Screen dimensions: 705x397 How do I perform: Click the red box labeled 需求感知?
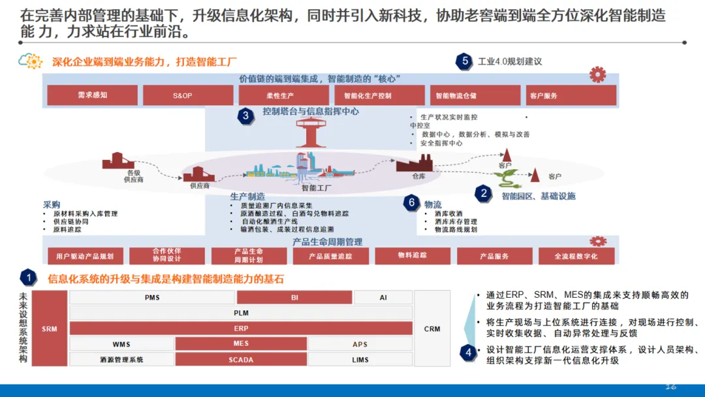point(92,95)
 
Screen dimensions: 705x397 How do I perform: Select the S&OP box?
point(188,95)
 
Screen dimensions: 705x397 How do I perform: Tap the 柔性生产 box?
point(283,95)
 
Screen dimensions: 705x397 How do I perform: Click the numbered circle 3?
point(245,116)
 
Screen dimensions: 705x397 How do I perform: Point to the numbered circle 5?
point(465,61)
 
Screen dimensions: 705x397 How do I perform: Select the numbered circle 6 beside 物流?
point(411,202)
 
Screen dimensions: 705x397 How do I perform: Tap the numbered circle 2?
point(483,193)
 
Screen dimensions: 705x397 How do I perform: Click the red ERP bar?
point(241,328)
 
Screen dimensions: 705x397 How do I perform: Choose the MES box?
point(241,343)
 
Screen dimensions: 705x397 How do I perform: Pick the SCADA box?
point(241,359)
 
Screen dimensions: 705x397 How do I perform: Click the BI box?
point(294,298)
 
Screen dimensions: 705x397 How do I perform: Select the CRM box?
point(432,328)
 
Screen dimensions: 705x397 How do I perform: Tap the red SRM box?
point(49,328)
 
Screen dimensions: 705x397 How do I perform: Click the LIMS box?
point(360,359)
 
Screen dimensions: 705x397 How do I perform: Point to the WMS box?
point(121,343)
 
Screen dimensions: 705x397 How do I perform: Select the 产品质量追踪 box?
point(330,256)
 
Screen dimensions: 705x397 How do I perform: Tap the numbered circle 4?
point(467,353)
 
